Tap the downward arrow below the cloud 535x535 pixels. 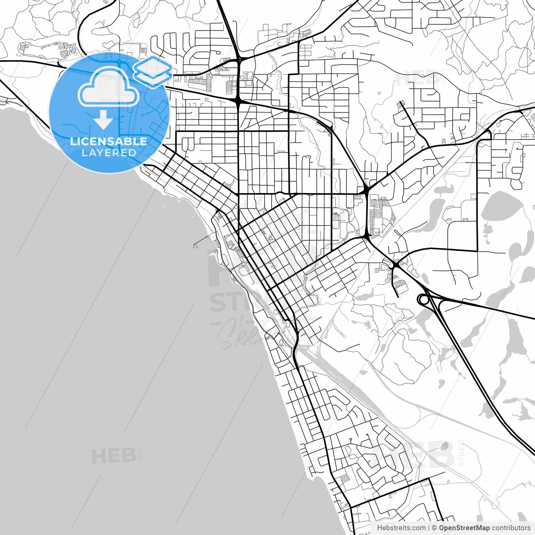(x=103, y=120)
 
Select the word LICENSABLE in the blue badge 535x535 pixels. (x=109, y=141)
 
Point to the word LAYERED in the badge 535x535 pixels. (x=109, y=153)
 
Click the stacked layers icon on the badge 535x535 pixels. (x=153, y=71)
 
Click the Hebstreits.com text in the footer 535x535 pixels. (x=401, y=528)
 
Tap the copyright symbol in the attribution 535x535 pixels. (x=435, y=528)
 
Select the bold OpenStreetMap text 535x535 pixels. (x=464, y=528)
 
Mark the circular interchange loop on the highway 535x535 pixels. (x=424, y=299)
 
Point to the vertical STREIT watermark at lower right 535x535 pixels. (x=461, y=452)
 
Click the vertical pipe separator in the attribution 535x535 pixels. (x=429, y=528)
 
